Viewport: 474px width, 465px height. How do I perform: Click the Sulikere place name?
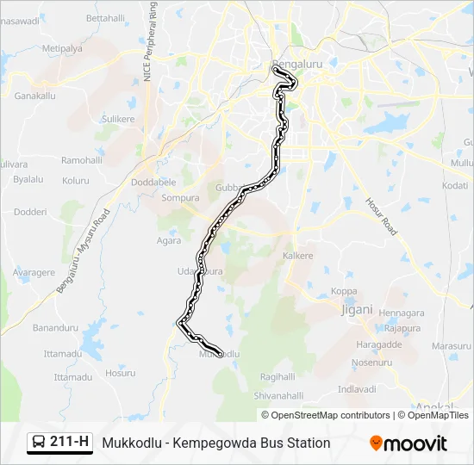tap(119, 118)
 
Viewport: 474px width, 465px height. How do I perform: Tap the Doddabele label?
tap(153, 183)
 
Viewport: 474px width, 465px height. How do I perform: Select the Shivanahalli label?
tap(278, 395)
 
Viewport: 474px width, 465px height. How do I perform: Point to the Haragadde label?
tap(378, 344)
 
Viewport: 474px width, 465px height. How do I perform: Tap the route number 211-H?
tap(70, 443)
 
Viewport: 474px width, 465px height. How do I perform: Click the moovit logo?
tap(408, 443)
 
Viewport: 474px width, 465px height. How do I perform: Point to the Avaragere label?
tap(34, 272)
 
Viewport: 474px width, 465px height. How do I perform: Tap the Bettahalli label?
tap(106, 17)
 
